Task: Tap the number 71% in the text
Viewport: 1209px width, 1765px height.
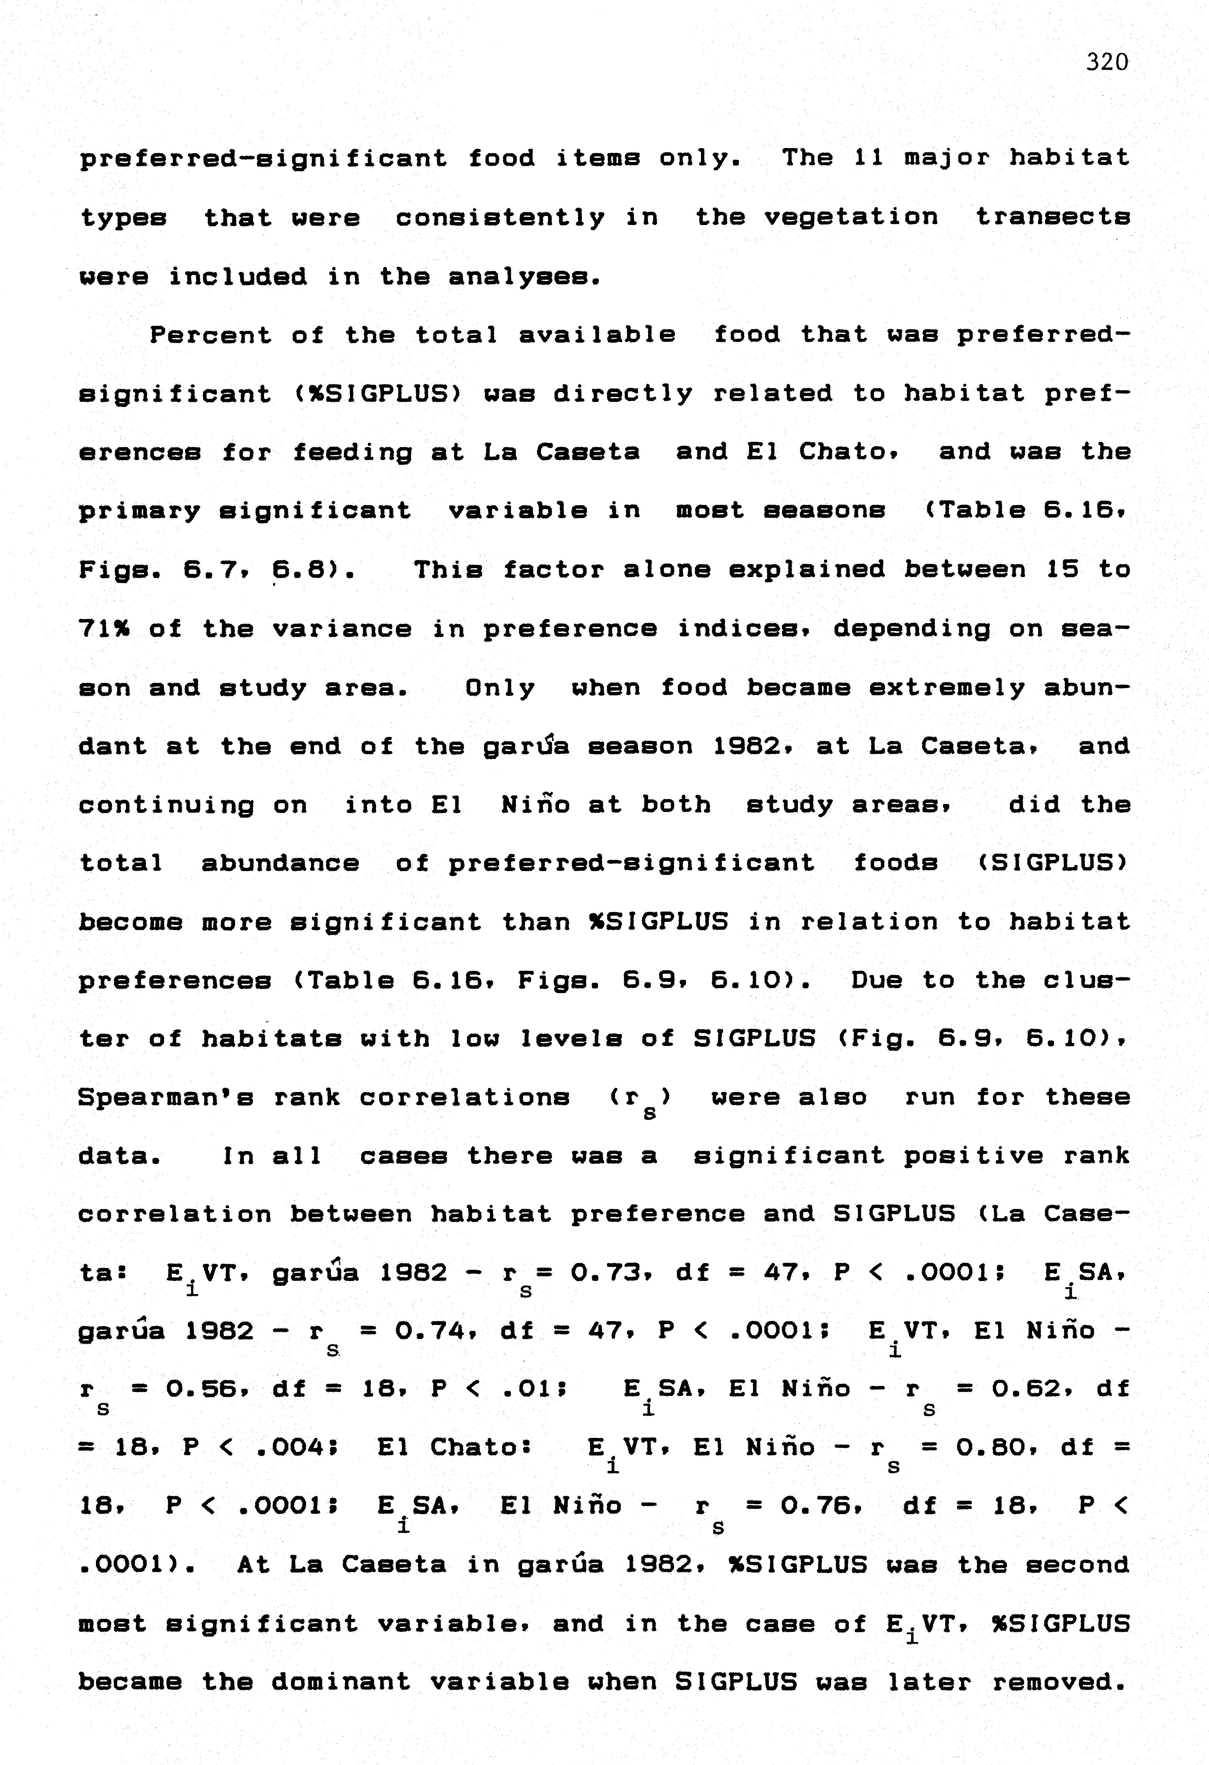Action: (x=104, y=629)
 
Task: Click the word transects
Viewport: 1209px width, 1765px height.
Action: (x=1053, y=218)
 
